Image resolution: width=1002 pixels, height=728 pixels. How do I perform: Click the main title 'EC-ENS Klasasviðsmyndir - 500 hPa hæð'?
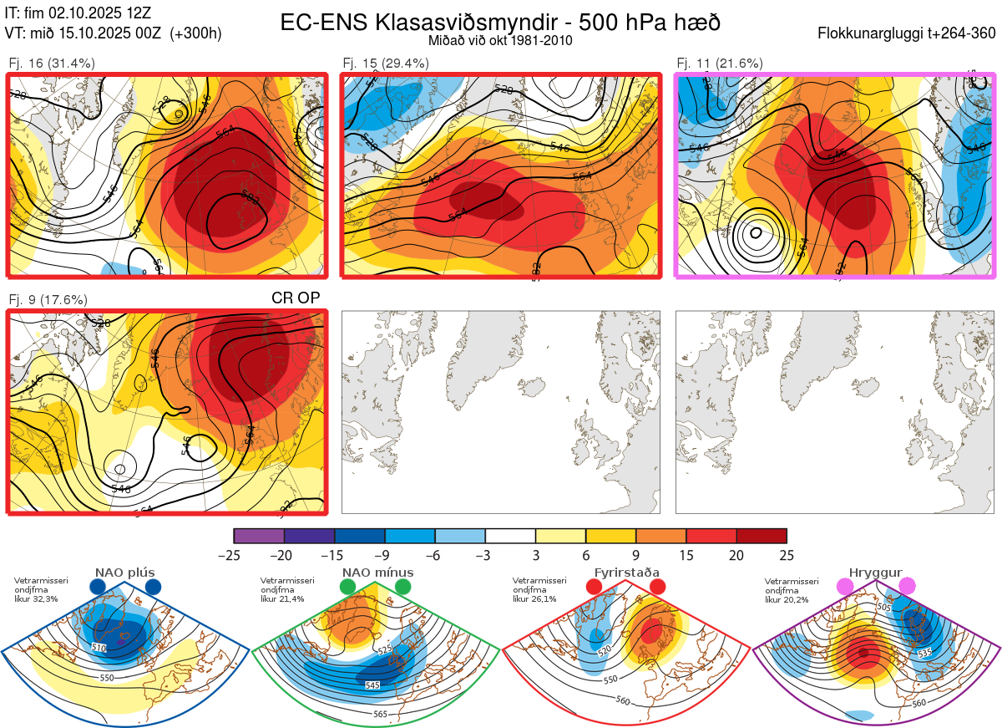500,23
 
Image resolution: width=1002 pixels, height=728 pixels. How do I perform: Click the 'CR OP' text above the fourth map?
296,298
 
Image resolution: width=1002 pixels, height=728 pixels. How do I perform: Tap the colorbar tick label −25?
234,555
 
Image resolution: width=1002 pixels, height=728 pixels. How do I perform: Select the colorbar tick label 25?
787,555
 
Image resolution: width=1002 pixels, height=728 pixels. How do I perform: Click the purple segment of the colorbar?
259,536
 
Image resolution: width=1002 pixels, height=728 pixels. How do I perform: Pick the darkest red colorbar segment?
762,536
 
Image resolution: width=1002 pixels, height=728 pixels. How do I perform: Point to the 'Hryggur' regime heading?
879,573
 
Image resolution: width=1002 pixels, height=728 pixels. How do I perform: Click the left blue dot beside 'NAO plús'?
98,588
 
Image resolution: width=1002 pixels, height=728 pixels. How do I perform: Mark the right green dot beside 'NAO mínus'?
403,588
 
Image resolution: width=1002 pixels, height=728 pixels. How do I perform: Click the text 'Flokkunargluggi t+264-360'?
908,33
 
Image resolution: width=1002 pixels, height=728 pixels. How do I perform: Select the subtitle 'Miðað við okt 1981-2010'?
500,40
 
